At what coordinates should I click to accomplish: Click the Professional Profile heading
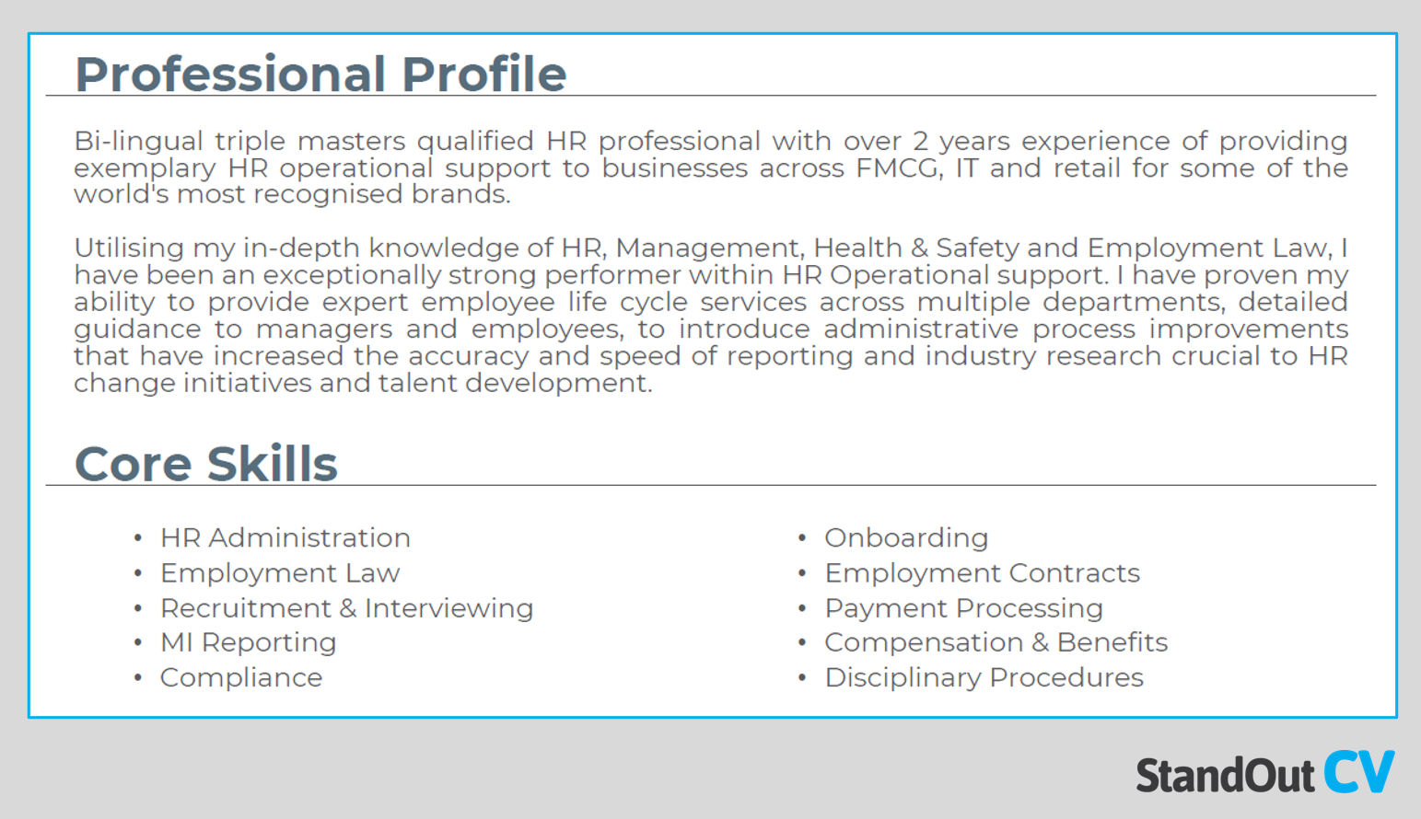coord(320,74)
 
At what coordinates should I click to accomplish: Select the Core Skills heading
coord(205,464)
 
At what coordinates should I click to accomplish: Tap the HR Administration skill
coord(285,537)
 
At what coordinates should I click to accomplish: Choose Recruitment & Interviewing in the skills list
coord(346,608)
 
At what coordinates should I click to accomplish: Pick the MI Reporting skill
coord(248,642)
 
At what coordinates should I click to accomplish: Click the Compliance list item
coord(241,677)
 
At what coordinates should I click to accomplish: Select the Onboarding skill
coord(905,537)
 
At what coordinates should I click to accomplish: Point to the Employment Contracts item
coord(982,573)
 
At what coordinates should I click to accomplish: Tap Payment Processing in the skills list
coord(963,608)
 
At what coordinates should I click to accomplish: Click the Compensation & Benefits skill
coord(996,642)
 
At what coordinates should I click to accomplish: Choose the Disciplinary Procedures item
coord(984,677)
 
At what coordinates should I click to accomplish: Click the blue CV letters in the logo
coord(1359,773)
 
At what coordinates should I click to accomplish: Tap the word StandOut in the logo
coord(1224,776)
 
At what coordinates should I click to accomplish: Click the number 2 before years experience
coord(920,142)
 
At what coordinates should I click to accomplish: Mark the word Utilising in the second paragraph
coord(129,248)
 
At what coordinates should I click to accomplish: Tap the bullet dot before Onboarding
coord(802,538)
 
